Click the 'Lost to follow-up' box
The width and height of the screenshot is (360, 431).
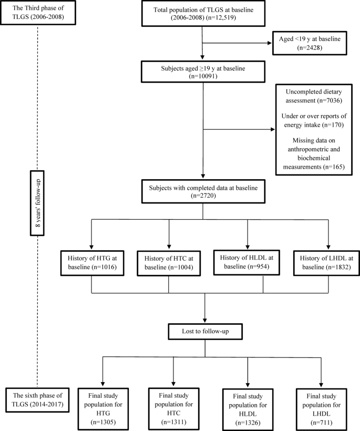(x=203, y=332)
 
